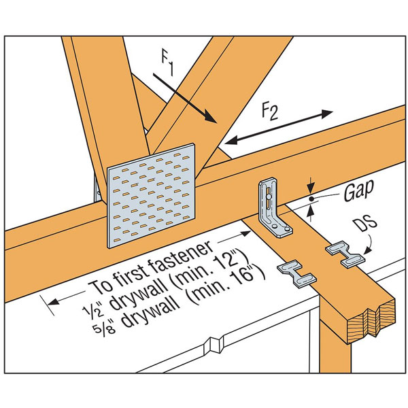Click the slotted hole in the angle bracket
point(270,198)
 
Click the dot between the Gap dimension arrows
point(311,198)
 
